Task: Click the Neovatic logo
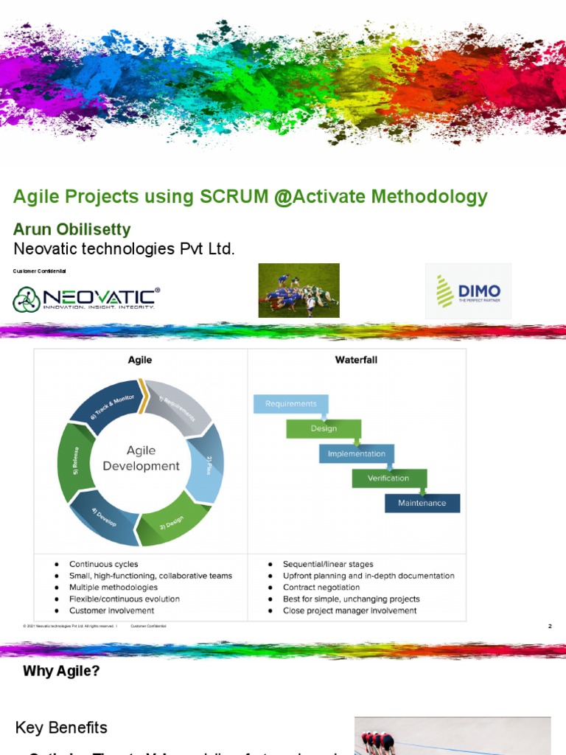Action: [x=85, y=298]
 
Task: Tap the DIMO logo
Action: [x=468, y=291]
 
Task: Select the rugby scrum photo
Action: [x=298, y=290]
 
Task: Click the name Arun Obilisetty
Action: [x=72, y=229]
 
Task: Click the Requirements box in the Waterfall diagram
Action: [x=290, y=404]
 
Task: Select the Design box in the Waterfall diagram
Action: [x=324, y=428]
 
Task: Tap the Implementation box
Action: [x=356, y=453]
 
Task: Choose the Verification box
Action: [x=388, y=478]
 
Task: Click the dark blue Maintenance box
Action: [x=422, y=503]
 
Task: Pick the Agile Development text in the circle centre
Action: [x=141, y=458]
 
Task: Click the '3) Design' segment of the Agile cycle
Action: [x=173, y=522]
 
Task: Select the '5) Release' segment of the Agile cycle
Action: [x=74, y=463]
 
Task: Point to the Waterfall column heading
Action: [x=356, y=361]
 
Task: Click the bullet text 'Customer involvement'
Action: [x=111, y=610]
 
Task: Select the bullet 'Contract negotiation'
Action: [x=321, y=588]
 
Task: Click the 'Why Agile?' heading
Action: [x=60, y=671]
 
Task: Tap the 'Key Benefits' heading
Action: [x=61, y=728]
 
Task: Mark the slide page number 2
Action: [x=550, y=626]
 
